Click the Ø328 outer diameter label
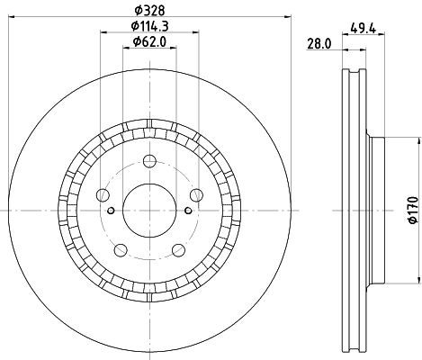tap(149, 11)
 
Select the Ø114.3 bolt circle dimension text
tap(149, 26)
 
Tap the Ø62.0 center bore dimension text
tap(149, 41)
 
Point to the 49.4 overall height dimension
tap(363, 29)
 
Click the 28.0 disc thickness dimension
tap(319, 44)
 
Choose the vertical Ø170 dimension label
tap(413, 210)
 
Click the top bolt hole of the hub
tap(149, 161)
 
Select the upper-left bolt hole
tap(103, 195)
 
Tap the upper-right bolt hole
tap(196, 195)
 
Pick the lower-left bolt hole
tap(121, 250)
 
